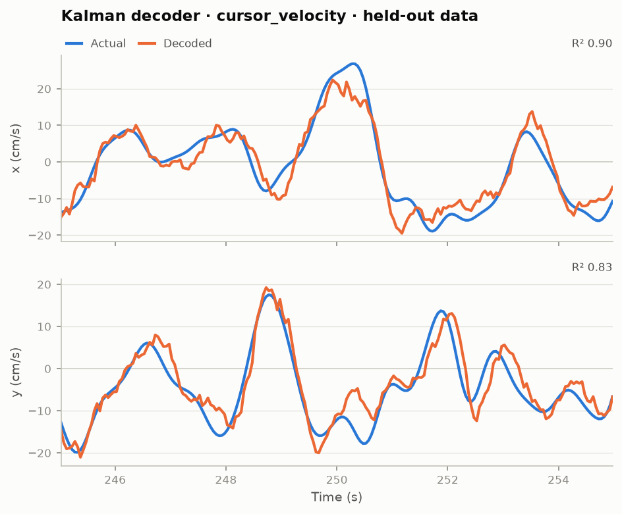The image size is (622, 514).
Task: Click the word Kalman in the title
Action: [x=91, y=16]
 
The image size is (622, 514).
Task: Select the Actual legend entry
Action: [x=96, y=43]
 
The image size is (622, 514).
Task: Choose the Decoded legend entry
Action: [x=175, y=43]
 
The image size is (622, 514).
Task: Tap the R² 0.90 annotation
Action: [x=592, y=43]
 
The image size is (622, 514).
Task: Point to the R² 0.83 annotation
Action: [x=592, y=267]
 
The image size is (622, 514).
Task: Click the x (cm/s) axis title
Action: [x=16, y=149]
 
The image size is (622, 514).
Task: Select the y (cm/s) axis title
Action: [x=16, y=372]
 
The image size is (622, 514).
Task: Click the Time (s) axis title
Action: [x=337, y=497]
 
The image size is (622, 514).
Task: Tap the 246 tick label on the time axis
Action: [x=115, y=480]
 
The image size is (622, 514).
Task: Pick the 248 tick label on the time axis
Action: [x=226, y=480]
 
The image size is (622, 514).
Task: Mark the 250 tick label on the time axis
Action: [x=337, y=480]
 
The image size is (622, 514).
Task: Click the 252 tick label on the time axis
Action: [x=447, y=480]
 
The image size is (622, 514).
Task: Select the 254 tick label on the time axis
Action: [x=559, y=480]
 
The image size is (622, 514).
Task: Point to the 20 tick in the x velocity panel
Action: [x=44, y=89]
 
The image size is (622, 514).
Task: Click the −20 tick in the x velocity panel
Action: [x=40, y=236]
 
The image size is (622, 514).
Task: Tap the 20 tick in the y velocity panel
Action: [x=44, y=284]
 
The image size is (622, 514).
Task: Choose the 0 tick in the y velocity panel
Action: [x=48, y=369]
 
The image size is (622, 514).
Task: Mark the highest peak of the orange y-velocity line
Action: [x=266, y=288]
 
